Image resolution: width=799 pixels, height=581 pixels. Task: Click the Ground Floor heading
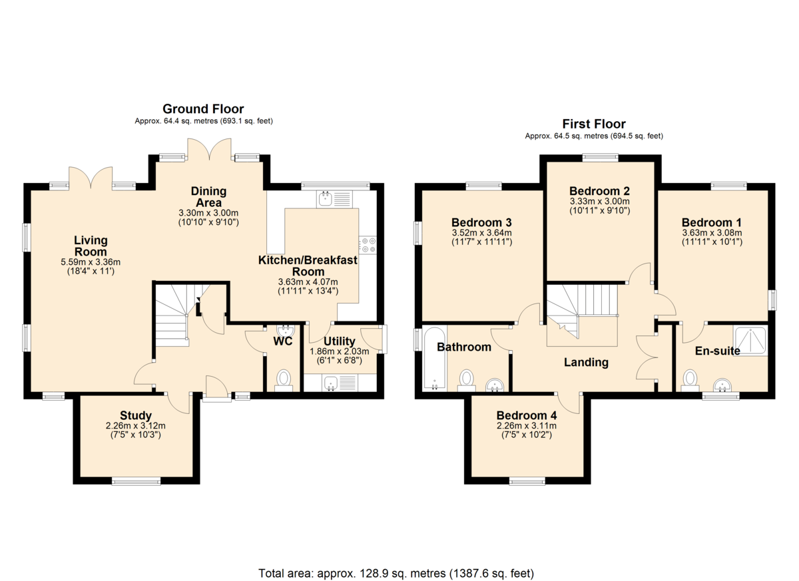203,108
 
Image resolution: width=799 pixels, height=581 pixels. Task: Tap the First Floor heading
594,124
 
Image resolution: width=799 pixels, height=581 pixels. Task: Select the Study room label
136,415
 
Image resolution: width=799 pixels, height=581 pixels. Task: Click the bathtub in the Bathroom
435,358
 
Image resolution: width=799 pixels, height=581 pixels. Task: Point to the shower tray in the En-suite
750,340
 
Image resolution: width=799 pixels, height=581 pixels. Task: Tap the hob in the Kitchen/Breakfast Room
368,245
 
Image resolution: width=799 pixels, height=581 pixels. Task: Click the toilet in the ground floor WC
284,380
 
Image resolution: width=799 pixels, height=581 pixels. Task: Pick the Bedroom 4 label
527,415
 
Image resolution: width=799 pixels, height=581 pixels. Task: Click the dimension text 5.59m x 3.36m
91,262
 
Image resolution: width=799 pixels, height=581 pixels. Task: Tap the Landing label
586,362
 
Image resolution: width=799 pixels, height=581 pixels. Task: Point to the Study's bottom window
136,482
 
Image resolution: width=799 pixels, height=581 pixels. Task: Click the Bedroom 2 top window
601,157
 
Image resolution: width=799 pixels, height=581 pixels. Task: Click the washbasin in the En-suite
722,385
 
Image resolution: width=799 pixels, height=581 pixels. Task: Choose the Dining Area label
208,197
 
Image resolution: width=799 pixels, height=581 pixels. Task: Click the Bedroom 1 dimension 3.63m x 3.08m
712,233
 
